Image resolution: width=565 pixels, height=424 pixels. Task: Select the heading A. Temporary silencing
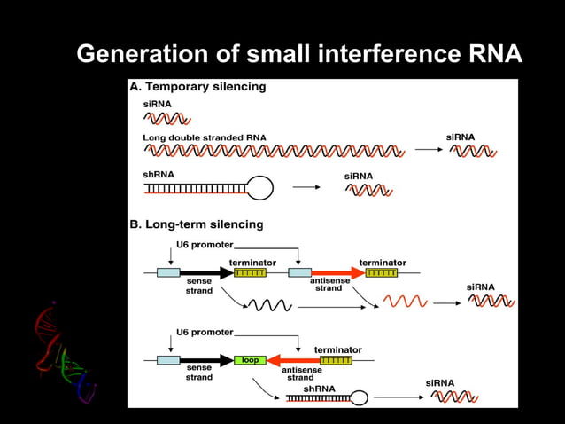tap(197, 87)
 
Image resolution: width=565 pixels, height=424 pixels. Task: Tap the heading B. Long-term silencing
tap(197, 224)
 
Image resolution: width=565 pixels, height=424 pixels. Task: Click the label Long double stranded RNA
tap(205, 137)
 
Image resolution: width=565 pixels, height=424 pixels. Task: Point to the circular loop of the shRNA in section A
tap(259, 187)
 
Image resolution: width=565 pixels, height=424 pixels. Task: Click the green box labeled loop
tap(251, 360)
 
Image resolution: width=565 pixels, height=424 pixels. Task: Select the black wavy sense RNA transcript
tap(268, 305)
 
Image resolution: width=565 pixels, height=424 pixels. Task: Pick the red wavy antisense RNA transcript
tap(403, 303)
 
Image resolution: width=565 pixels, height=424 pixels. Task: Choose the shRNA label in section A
tap(159, 175)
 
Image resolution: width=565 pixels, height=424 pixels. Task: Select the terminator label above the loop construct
tap(337, 349)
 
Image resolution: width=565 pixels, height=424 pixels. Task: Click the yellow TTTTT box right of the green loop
tap(336, 360)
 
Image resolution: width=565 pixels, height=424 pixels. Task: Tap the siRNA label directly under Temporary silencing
tap(157, 104)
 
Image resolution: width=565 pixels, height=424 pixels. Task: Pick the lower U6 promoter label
tap(205, 332)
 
